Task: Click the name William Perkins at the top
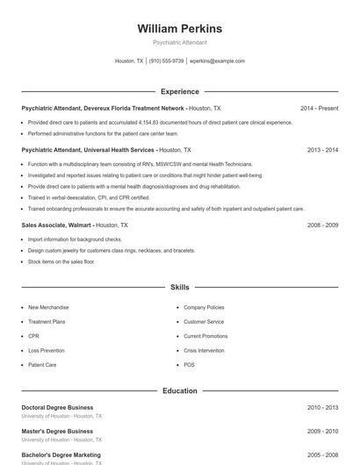[179, 29]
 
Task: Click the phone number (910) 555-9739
[166, 61]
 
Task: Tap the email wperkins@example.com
[217, 61]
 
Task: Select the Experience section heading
[179, 91]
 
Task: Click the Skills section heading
[179, 287]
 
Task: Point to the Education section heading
[179, 390]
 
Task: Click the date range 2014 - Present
[319, 108]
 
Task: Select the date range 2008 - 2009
[322, 225]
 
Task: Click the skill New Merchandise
[48, 308]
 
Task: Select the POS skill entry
[189, 364]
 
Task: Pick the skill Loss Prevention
[47, 350]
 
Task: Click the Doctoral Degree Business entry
[57, 408]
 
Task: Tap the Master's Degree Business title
[57, 432]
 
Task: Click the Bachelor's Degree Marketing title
[61, 455]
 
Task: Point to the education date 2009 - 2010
[322, 432]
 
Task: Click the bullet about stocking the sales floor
[61, 261]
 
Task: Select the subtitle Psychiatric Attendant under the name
[179, 43]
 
